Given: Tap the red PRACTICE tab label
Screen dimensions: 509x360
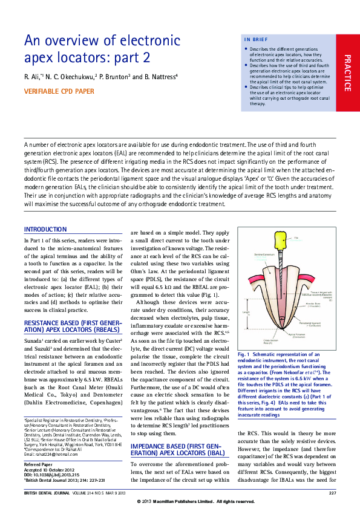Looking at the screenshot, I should point(347,73).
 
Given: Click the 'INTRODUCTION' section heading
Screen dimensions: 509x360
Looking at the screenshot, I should point(45,230).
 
